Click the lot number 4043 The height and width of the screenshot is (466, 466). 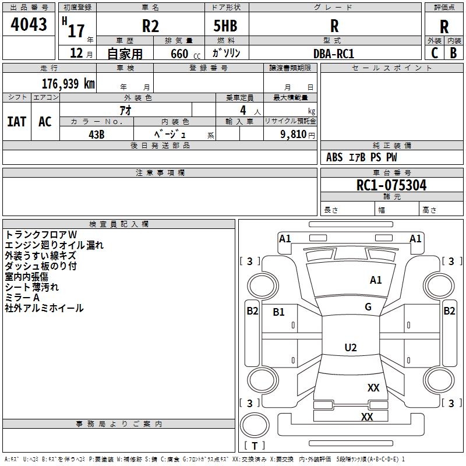[29, 24]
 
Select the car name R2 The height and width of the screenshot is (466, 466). [150, 26]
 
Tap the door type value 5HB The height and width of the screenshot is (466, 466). [225, 26]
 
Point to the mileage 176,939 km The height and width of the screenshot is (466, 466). [68, 83]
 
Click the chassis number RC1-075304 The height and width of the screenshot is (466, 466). [391, 185]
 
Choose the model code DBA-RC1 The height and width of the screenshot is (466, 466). [334, 53]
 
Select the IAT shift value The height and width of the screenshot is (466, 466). [16, 122]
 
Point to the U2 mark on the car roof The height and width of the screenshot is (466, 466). [350, 348]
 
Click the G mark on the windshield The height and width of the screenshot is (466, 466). [368, 307]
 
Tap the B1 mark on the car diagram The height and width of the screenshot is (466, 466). [279, 312]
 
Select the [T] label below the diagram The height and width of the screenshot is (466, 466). [255, 446]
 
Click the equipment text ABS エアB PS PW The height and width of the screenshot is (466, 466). [362, 157]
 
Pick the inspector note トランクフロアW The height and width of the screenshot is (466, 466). [36, 235]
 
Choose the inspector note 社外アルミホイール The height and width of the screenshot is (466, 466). [44, 308]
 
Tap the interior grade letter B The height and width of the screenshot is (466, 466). [453, 53]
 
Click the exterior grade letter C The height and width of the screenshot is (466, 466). [434, 53]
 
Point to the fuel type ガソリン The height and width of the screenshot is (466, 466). [226, 53]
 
